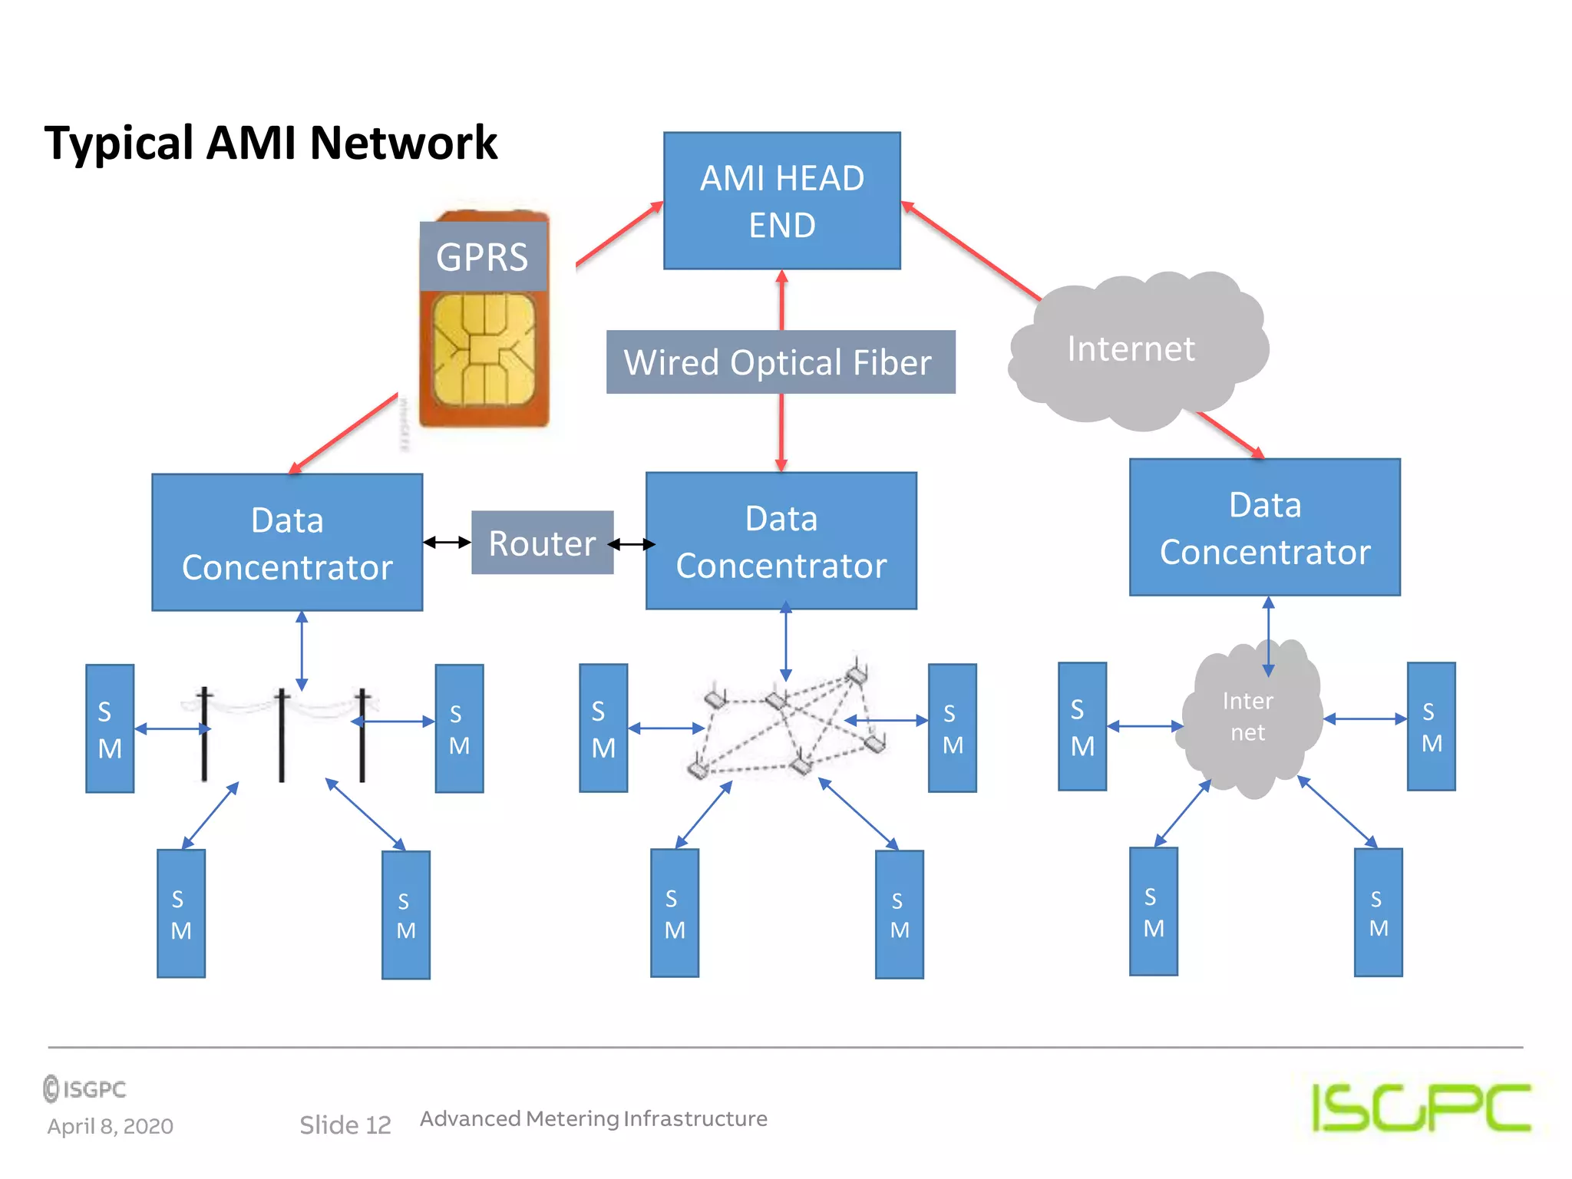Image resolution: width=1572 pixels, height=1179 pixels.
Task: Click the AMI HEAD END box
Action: point(781,200)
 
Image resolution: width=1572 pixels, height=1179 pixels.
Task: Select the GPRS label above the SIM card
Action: point(482,256)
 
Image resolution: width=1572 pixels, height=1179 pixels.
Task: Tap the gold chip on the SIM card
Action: point(484,350)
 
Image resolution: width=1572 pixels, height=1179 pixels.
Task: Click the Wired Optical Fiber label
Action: point(780,362)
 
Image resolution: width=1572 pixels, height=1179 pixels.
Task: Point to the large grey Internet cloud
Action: point(1136,349)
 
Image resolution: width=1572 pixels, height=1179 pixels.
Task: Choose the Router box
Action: point(542,543)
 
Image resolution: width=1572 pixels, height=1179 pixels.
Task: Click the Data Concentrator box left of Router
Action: point(287,543)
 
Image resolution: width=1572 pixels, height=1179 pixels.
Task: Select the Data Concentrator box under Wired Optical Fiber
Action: point(781,541)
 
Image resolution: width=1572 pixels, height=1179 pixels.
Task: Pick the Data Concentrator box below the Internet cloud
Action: point(1264,527)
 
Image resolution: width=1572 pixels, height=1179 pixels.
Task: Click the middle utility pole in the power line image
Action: point(282,735)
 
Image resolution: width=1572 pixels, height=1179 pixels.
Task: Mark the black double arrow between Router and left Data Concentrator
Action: point(447,543)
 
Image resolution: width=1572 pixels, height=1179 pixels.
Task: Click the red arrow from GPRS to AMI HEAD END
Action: point(619,234)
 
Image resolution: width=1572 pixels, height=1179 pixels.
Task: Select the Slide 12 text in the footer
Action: point(345,1125)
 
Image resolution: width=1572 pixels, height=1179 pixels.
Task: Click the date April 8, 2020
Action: point(110,1126)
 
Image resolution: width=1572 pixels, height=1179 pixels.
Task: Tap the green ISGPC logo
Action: point(1421,1108)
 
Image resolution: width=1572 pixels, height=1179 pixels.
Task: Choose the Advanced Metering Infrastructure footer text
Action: point(593,1118)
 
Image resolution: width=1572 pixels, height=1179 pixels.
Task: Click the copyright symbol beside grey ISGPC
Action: point(51,1088)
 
